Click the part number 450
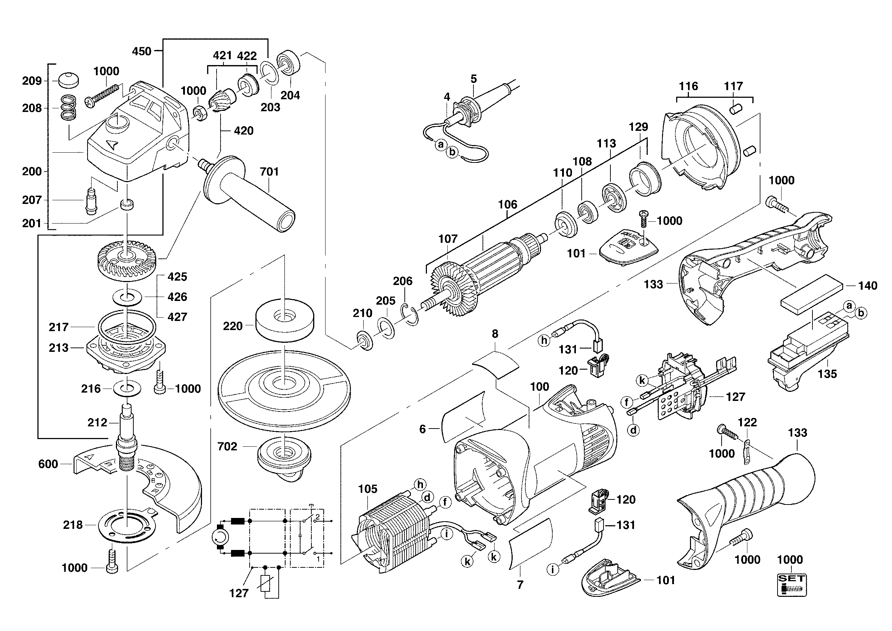pos(141,51)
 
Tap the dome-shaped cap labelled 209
pos(68,80)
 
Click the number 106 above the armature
pos(508,204)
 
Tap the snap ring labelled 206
pos(409,314)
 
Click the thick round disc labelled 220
pos(285,320)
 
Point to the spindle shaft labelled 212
pos(126,435)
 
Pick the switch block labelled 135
pos(808,351)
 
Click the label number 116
pos(689,86)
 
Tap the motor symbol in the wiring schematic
pos(220,538)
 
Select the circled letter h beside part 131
pos(544,341)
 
